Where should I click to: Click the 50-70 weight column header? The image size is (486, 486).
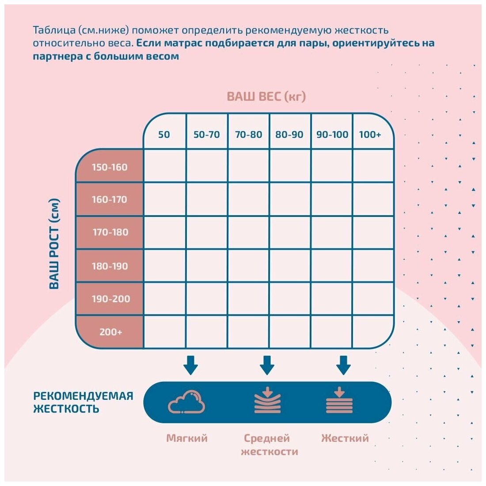coord(206,134)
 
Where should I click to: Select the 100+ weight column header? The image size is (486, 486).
coord(370,134)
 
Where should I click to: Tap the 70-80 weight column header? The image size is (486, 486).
coord(248,134)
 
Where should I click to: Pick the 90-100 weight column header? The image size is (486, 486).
coord(332,134)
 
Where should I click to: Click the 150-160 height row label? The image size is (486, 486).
coord(110,167)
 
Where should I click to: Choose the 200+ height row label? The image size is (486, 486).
coord(110,332)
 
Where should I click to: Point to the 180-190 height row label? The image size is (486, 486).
coord(110,266)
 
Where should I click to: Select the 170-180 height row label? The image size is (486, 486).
coord(110,232)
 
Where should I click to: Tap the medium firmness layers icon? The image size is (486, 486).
coord(267,401)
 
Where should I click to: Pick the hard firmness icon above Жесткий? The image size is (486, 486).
coord(339,401)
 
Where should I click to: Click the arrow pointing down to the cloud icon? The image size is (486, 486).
coord(190,365)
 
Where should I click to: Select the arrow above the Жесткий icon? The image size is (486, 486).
coord(343,365)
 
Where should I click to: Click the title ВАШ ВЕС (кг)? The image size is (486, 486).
coord(266,96)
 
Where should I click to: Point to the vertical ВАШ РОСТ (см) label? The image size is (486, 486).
coord(54,244)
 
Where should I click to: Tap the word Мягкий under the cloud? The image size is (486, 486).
coord(187,438)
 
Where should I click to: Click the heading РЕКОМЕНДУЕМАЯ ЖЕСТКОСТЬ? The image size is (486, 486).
coord(83,402)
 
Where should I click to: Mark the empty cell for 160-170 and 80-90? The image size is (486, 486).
coord(290,199)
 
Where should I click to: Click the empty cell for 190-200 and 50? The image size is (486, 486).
coord(164,299)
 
